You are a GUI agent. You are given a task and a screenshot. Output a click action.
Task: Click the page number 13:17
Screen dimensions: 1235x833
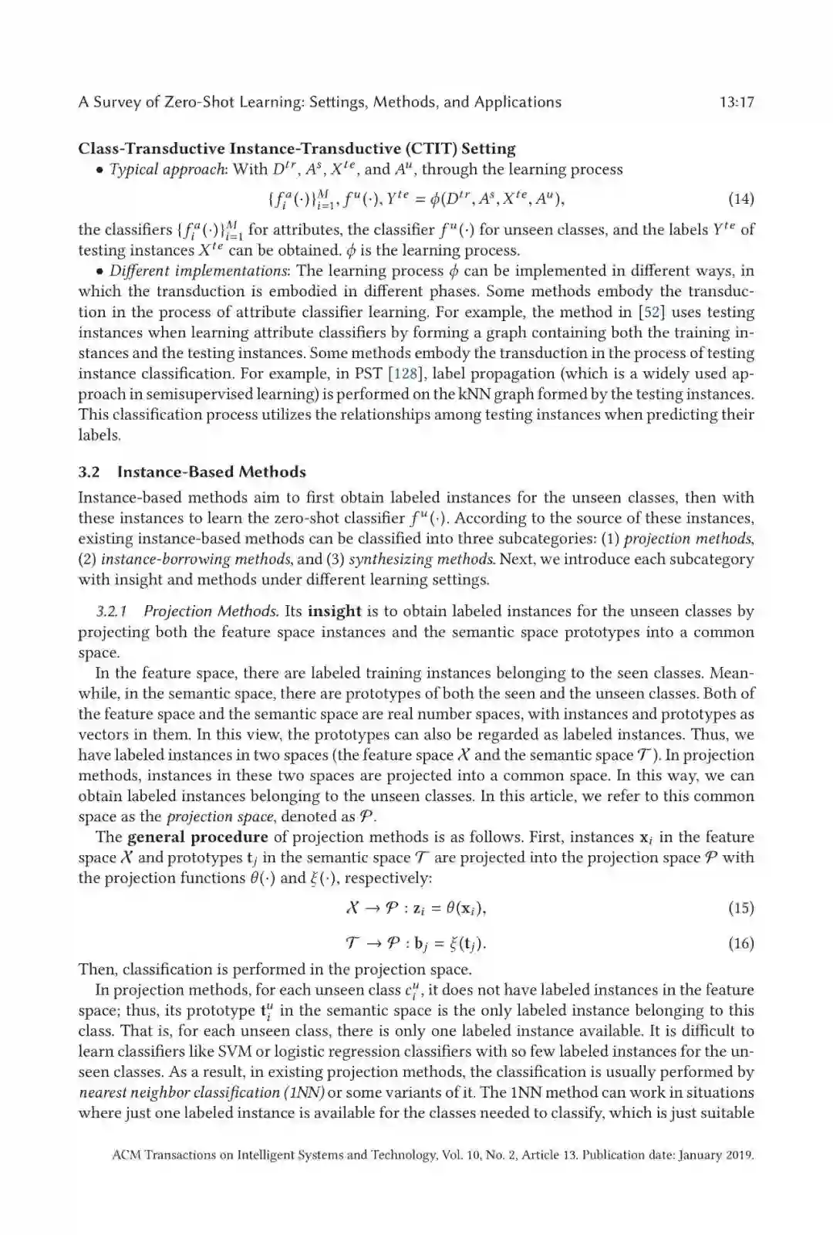tap(736, 103)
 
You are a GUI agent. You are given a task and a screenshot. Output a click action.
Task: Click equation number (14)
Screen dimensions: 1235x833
tap(740, 199)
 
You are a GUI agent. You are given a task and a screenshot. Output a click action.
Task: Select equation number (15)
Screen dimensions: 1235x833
tap(740, 908)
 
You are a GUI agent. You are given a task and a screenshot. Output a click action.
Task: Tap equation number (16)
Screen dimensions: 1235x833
tap(740, 943)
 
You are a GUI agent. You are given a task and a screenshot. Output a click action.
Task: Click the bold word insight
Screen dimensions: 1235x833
tap(334, 612)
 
